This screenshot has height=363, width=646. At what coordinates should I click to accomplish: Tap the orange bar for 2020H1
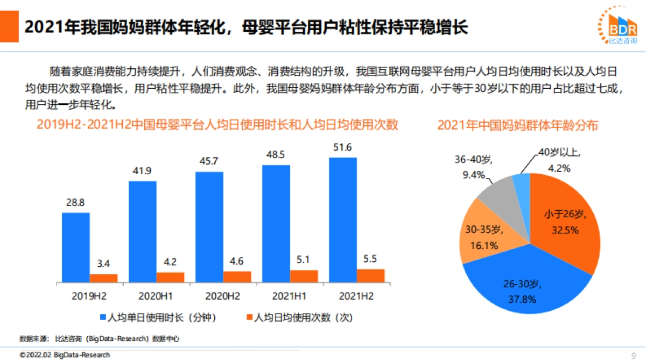[170, 277]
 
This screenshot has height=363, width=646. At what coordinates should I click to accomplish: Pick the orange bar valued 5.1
[304, 276]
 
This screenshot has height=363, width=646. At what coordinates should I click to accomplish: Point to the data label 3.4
[103, 264]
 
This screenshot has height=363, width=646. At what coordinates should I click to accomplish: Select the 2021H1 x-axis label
[290, 296]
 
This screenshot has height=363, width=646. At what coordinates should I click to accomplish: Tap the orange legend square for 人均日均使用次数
[249, 317]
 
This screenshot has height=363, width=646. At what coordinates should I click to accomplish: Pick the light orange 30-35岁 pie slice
[482, 237]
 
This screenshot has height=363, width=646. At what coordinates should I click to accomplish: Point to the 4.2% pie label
[559, 168]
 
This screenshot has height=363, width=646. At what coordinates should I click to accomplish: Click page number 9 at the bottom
[633, 355]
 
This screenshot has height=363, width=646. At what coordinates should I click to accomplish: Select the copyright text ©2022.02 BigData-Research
[65, 355]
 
